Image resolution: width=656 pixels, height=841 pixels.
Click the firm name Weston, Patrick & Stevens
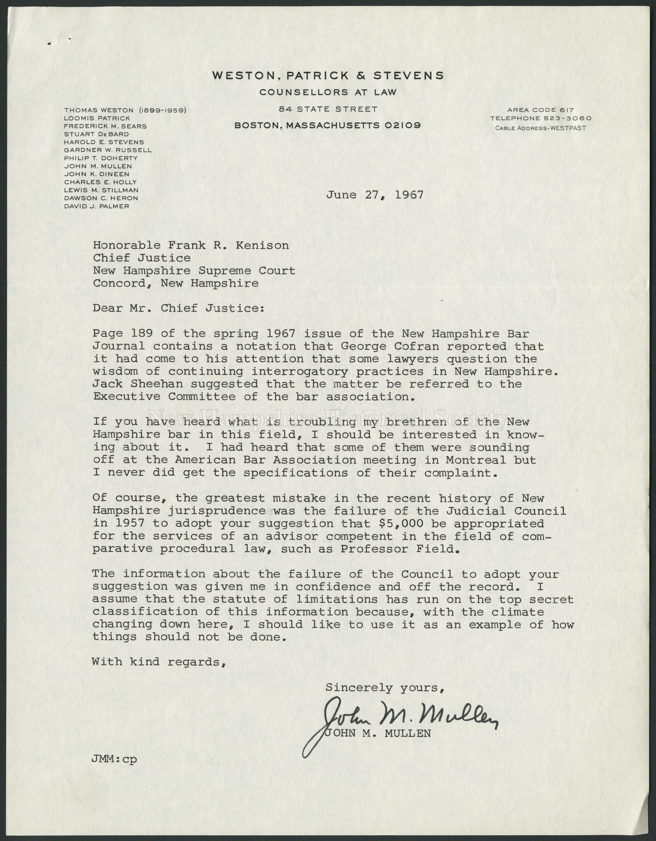click(328, 76)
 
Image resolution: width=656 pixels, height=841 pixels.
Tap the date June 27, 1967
click(374, 195)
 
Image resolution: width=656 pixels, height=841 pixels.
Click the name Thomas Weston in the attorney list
click(99, 110)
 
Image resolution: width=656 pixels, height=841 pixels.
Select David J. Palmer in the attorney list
click(97, 206)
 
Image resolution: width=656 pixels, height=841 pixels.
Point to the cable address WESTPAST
click(569, 128)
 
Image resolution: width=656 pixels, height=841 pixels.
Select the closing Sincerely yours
click(384, 687)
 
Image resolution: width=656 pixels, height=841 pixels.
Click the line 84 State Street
click(328, 109)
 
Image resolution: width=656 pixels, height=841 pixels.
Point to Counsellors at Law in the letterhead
click(328, 92)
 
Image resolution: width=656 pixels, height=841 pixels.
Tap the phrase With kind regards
click(159, 662)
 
